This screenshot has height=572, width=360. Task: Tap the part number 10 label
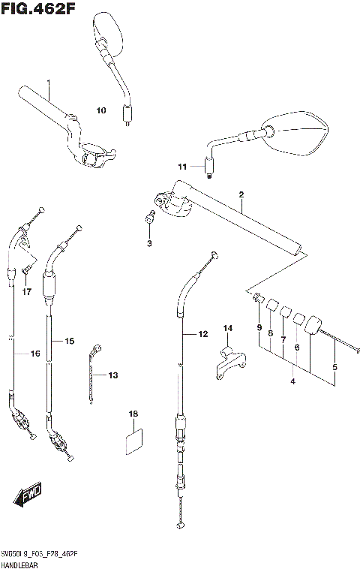point(101,110)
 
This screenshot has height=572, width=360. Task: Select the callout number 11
point(181,166)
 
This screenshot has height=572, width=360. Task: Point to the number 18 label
point(133,414)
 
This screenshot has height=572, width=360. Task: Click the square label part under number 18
point(133,442)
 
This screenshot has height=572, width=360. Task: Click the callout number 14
point(228,328)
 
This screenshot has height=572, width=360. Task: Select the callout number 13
point(113,375)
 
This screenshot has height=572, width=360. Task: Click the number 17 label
point(26,291)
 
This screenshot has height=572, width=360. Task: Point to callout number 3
point(148,243)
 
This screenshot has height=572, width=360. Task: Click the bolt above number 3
point(149,218)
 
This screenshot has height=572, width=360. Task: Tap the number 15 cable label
point(69,341)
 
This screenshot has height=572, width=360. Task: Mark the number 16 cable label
point(34,354)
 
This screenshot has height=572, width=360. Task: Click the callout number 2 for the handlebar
point(241,194)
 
